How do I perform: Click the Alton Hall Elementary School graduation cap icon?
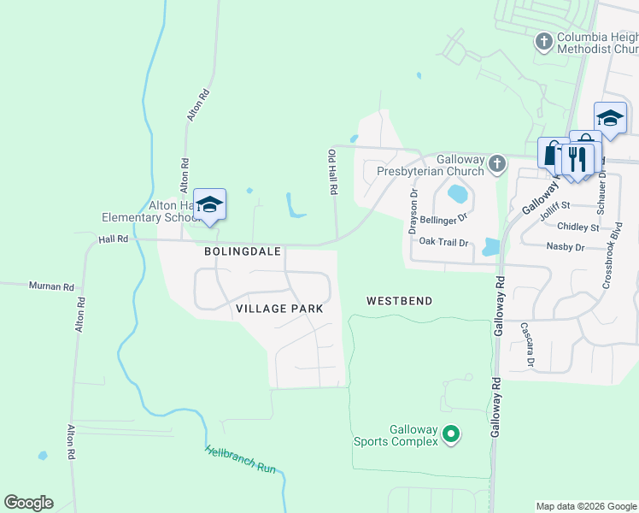point(209,204)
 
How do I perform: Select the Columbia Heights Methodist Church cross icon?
point(543,41)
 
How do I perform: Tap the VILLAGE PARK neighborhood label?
point(279,309)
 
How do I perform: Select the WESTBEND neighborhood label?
point(399,301)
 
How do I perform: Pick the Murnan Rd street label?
point(51,286)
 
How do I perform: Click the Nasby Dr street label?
point(565,246)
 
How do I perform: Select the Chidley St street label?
point(577,227)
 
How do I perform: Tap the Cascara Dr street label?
point(527,345)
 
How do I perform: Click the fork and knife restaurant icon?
point(578,159)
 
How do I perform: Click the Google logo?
point(28,503)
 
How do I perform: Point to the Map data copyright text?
point(586,506)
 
